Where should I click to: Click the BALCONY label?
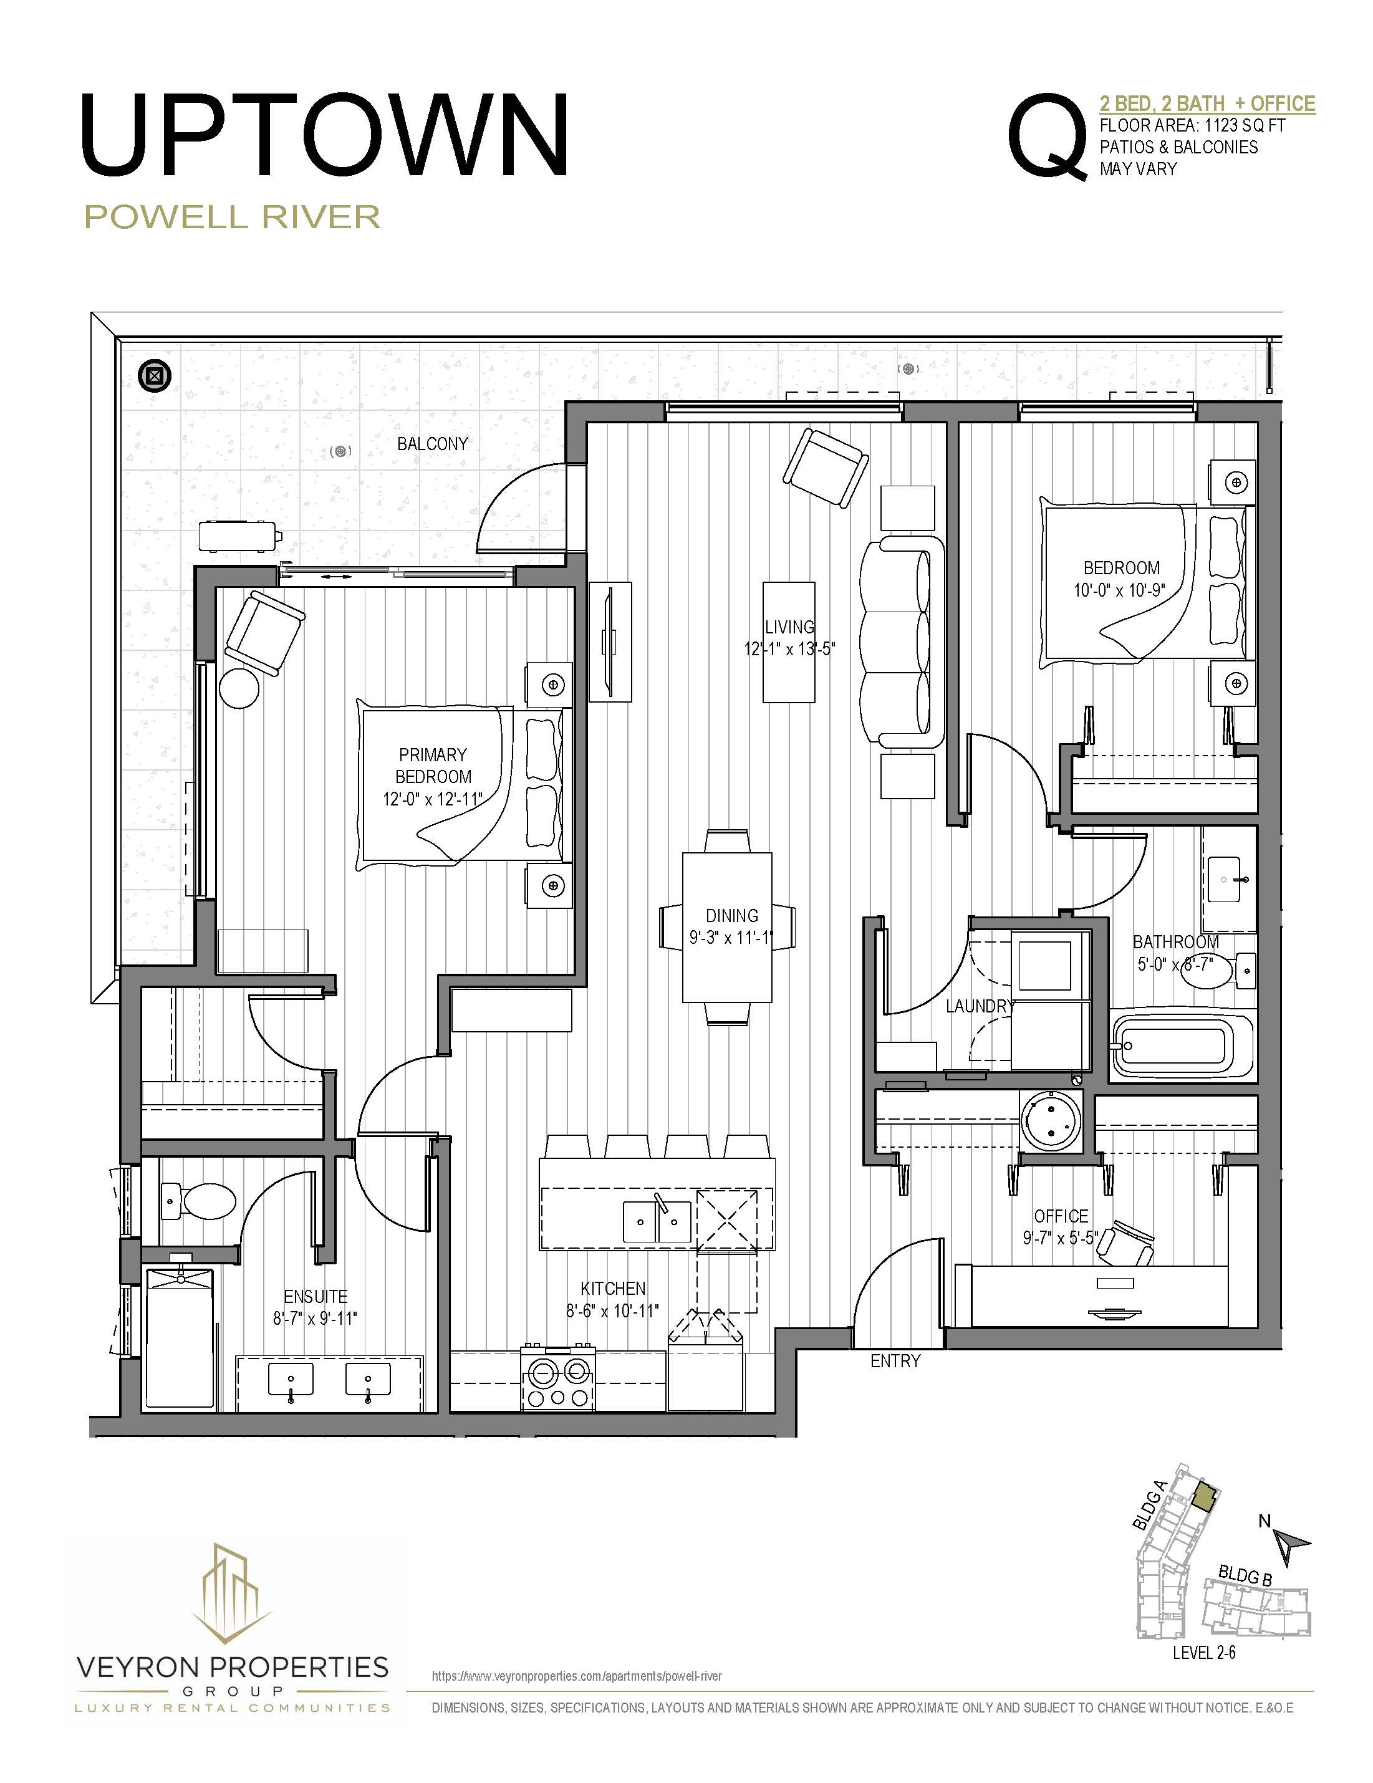(432, 444)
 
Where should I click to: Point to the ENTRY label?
(895, 1361)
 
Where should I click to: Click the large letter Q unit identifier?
(1048, 137)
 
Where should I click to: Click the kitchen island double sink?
(657, 1222)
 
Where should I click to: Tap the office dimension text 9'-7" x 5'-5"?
(1061, 1238)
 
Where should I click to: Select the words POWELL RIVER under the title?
(233, 217)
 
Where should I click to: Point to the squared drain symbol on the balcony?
(154, 375)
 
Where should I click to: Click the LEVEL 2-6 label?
(1203, 1653)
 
